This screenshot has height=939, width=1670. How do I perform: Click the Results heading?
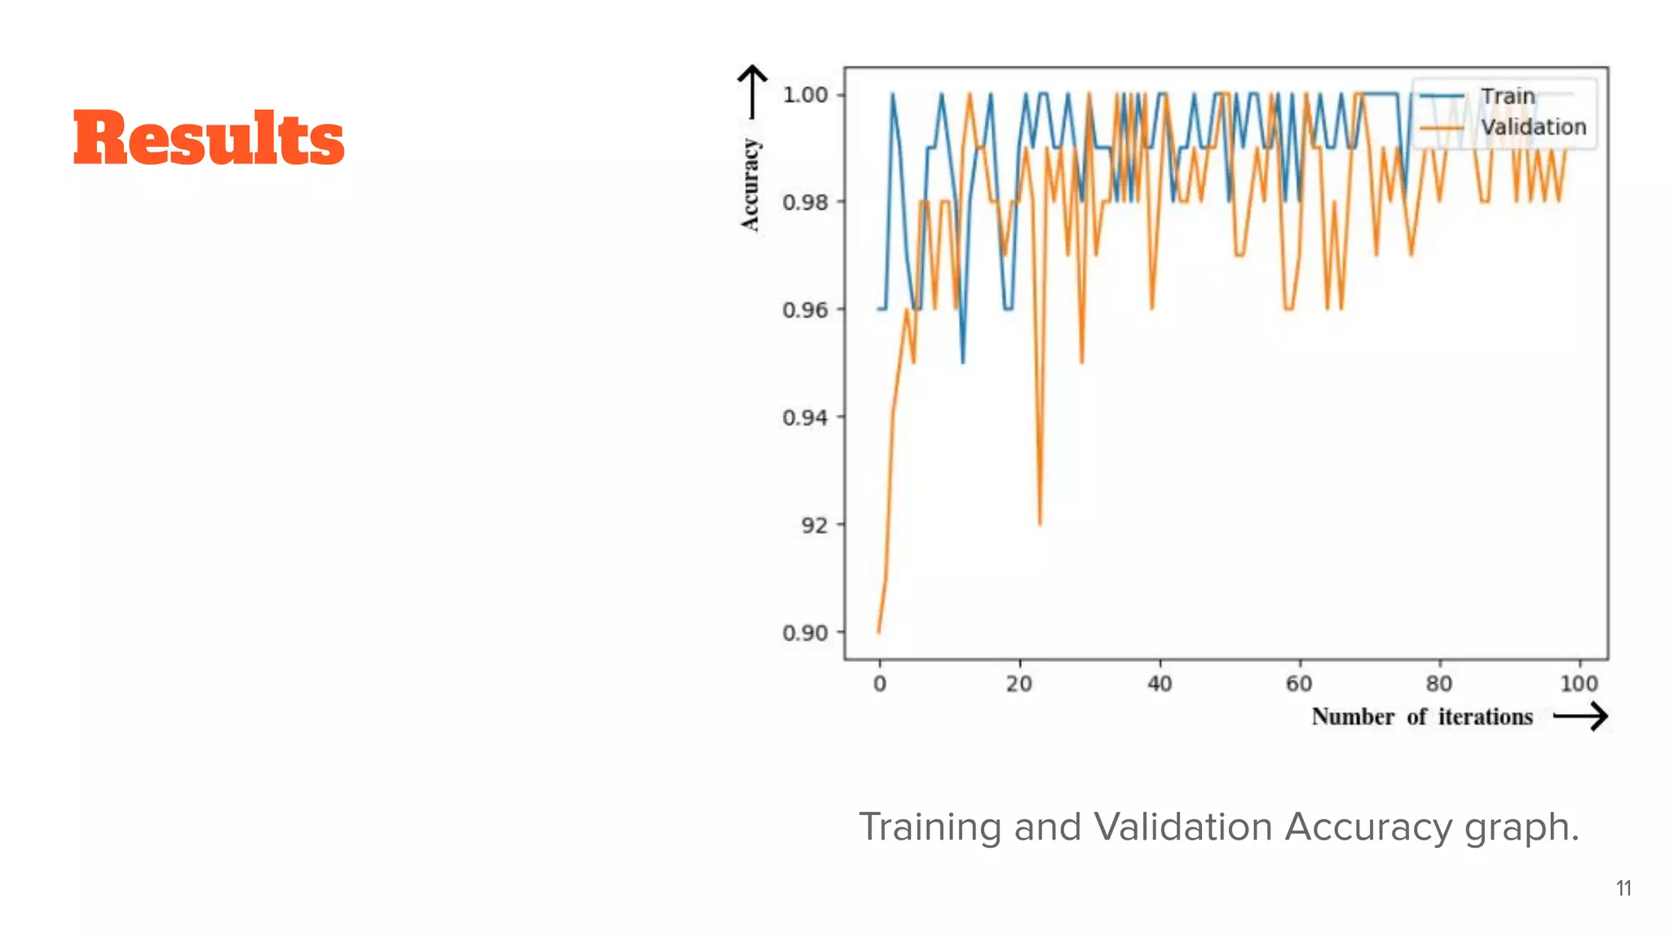209,139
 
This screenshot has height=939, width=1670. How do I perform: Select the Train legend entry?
1507,96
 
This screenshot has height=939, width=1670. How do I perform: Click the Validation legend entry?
1533,127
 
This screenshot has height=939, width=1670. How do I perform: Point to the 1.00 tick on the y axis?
805,95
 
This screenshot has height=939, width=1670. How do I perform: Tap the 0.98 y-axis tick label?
805,202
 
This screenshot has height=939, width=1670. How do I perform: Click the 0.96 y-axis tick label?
805,310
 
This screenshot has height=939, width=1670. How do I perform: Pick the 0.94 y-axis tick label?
805,417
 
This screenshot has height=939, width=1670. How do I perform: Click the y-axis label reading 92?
814,525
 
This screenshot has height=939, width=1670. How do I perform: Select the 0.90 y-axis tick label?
805,633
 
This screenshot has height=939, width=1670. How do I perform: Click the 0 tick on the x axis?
879,684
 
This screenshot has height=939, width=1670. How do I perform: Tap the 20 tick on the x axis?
1019,684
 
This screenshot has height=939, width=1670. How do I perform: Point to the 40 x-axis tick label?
1160,684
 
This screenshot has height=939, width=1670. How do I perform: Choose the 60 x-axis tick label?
1299,684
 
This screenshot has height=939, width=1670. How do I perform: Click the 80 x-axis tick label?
1439,684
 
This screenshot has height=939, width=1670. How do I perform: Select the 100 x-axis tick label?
1579,684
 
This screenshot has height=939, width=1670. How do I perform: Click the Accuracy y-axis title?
750,185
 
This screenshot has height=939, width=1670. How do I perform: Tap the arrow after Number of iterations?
1580,717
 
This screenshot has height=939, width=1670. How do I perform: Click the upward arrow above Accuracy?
752,91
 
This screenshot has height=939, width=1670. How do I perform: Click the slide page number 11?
1624,888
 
